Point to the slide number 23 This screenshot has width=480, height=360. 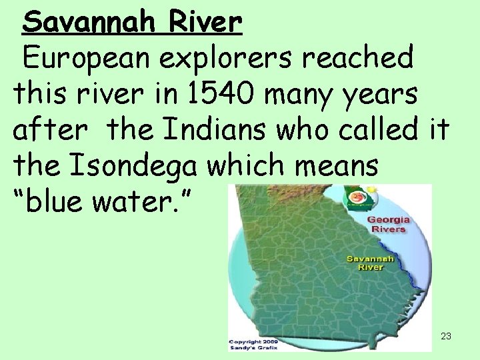coord(446,336)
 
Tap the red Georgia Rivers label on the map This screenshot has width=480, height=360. coord(388,224)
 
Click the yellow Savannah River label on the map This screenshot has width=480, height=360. coord(371,263)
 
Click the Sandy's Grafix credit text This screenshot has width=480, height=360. coord(254,347)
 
